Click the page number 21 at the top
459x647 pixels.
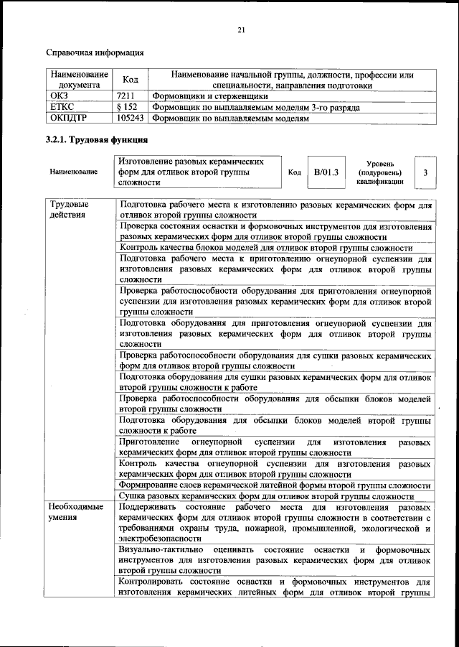[241, 29]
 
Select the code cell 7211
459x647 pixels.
[126, 96]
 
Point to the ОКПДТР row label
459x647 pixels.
[68, 119]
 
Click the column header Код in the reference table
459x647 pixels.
[131, 80]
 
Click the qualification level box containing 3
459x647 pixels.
[425, 172]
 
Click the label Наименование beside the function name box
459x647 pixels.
[73, 173]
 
